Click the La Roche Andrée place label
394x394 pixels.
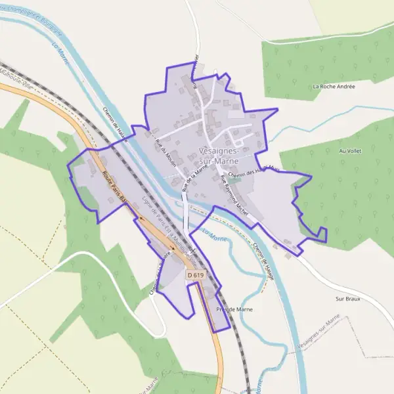point(334,86)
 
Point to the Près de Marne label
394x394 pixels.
point(230,309)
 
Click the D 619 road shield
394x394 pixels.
point(194,274)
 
